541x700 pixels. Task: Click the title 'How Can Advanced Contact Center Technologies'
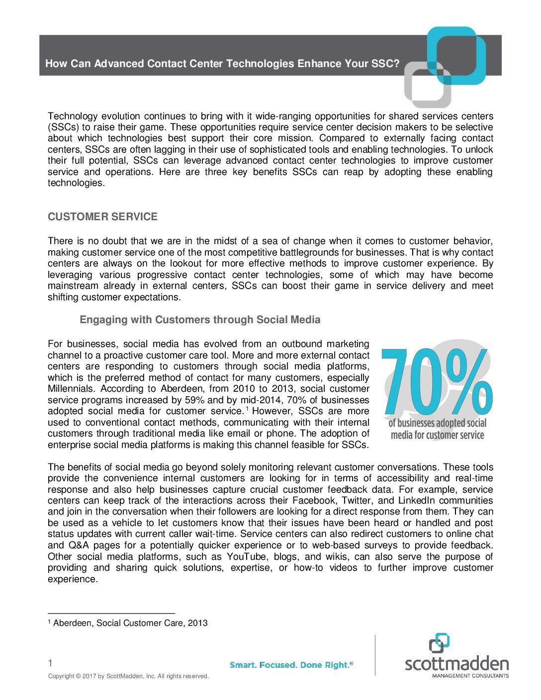pyautogui.click(x=222, y=64)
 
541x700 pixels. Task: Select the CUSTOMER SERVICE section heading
pyautogui.click(x=102, y=217)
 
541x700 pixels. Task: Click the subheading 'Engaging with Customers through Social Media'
pyautogui.click(x=200, y=320)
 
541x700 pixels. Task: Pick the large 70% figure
pyautogui.click(x=437, y=382)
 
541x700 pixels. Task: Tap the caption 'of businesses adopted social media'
pyautogui.click(x=437, y=429)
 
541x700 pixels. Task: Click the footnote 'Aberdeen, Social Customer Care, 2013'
pyautogui.click(x=130, y=623)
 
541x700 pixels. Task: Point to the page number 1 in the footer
pyautogui.click(x=50, y=663)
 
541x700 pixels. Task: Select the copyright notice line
pyautogui.click(x=128, y=676)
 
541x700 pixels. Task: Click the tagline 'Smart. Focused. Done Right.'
pyautogui.click(x=291, y=665)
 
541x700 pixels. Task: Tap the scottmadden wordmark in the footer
pyautogui.click(x=456, y=664)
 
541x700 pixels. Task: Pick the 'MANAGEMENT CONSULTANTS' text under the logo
pyautogui.click(x=470, y=676)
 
